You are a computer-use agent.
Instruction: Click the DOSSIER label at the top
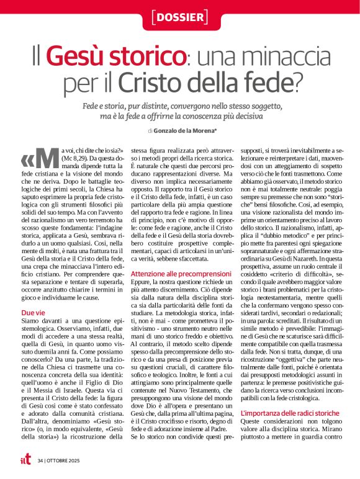179,17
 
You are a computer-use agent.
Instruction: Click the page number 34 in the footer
40,461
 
